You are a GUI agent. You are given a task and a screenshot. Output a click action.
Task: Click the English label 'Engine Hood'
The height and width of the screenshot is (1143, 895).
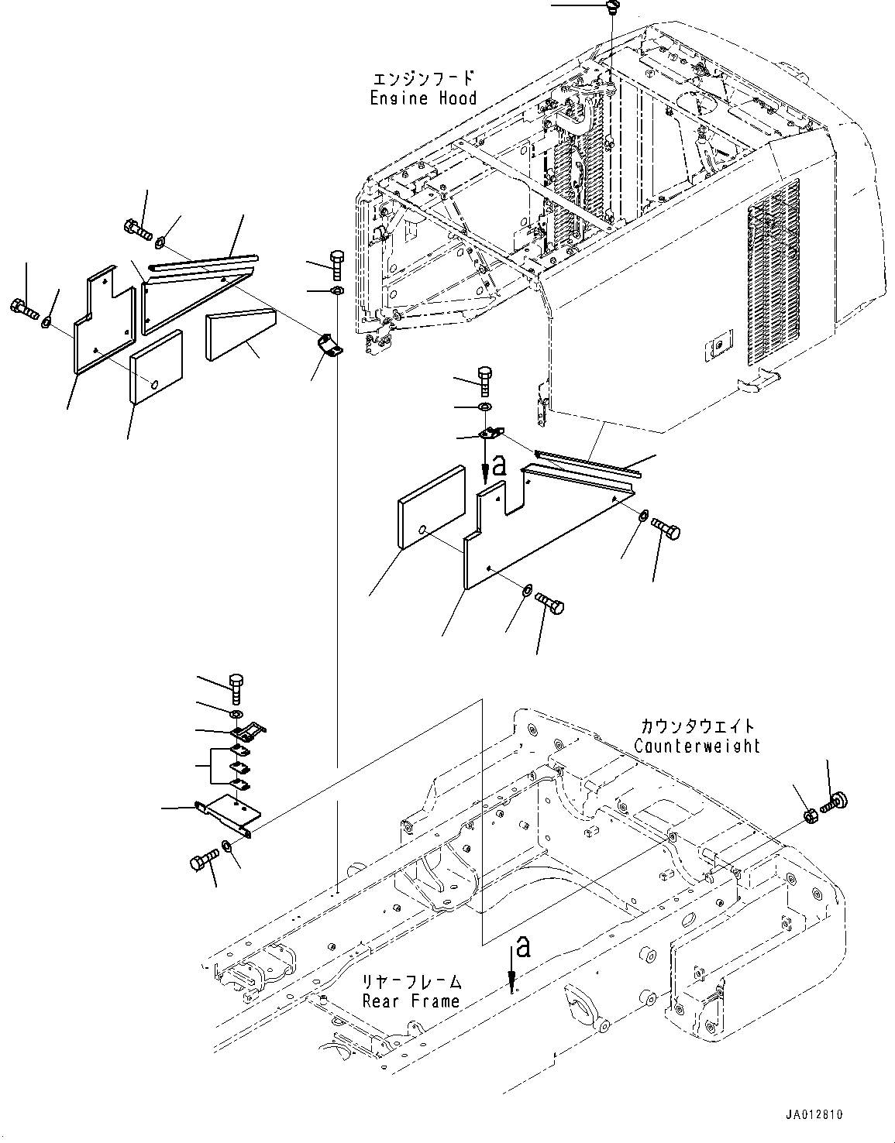tap(423, 98)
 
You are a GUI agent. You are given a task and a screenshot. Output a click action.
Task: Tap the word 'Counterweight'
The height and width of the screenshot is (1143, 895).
tap(697, 746)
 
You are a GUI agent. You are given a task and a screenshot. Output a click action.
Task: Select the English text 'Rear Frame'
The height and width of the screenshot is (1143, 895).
tap(411, 1001)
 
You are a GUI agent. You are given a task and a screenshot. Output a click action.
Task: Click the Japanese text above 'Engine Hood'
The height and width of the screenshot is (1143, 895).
tap(423, 79)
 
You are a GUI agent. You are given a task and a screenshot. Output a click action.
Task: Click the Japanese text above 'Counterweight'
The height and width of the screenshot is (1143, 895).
tap(697, 726)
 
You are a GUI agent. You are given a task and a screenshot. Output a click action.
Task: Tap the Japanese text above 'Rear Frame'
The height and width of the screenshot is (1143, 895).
tap(411, 982)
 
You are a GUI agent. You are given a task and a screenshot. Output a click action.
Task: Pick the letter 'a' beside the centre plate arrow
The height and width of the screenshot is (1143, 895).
tap(499, 465)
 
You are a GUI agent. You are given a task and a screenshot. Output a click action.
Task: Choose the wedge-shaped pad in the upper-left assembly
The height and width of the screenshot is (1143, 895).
tap(241, 335)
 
